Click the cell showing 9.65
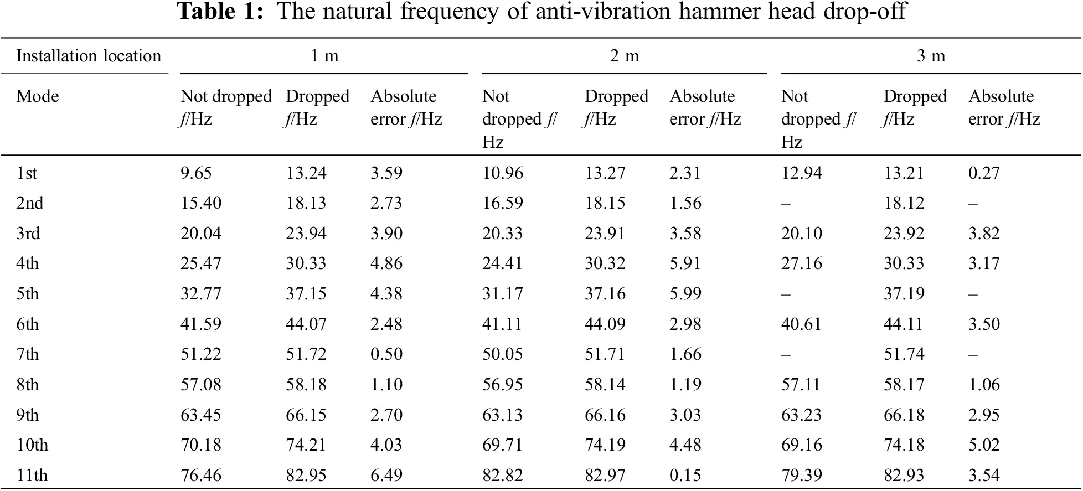(196, 173)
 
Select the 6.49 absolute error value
(386, 476)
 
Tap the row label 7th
(27, 354)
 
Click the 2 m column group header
(625, 56)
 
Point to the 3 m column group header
(931, 56)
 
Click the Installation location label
(89, 56)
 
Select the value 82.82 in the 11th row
(502, 476)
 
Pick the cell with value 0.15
(685, 476)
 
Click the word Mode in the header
(37, 96)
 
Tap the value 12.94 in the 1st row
(801, 173)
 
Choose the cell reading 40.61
(801, 324)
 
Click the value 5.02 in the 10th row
(984, 445)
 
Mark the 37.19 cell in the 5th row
(904, 294)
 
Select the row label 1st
(26, 173)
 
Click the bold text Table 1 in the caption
(220, 11)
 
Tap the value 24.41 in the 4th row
(502, 263)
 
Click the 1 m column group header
(324, 56)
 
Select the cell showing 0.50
(386, 354)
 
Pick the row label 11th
(32, 476)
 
